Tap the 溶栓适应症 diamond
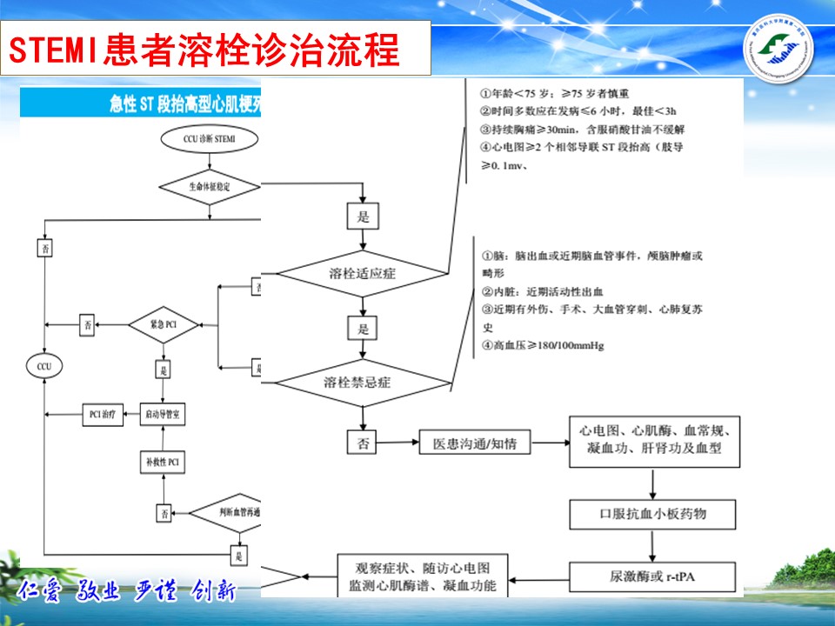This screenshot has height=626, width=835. point(364,274)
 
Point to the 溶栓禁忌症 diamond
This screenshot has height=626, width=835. point(364,383)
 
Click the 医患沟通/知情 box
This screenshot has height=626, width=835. point(474,443)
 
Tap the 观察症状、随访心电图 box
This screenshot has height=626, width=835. point(423,576)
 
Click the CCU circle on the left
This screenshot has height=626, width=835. point(44,367)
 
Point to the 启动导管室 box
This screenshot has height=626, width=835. point(164,414)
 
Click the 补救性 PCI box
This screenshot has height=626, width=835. point(164,460)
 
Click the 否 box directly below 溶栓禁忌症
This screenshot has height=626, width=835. point(363,443)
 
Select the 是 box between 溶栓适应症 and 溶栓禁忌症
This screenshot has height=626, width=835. point(363,329)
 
